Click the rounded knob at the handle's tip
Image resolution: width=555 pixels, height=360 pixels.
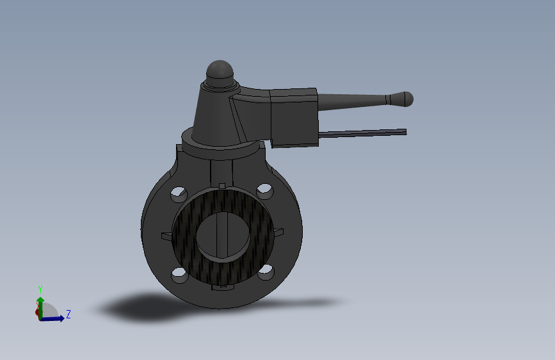pos(405,99)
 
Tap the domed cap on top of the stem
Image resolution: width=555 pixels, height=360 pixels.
pos(220,70)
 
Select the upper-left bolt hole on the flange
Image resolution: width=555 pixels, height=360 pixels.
pos(179,192)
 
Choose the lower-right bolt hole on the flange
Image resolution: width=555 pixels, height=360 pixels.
pos(266,273)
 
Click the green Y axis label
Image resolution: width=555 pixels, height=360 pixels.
pos(40,289)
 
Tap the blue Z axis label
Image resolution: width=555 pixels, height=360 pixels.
pos(68,314)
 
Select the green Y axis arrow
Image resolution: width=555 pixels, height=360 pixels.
pos(40,302)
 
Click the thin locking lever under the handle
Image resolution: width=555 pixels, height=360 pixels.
pos(362,133)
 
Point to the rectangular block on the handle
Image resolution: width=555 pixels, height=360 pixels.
pos(294,117)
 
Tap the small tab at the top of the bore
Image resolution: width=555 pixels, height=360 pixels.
pos(222,186)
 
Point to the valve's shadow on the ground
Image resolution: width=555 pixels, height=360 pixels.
pos(147,308)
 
